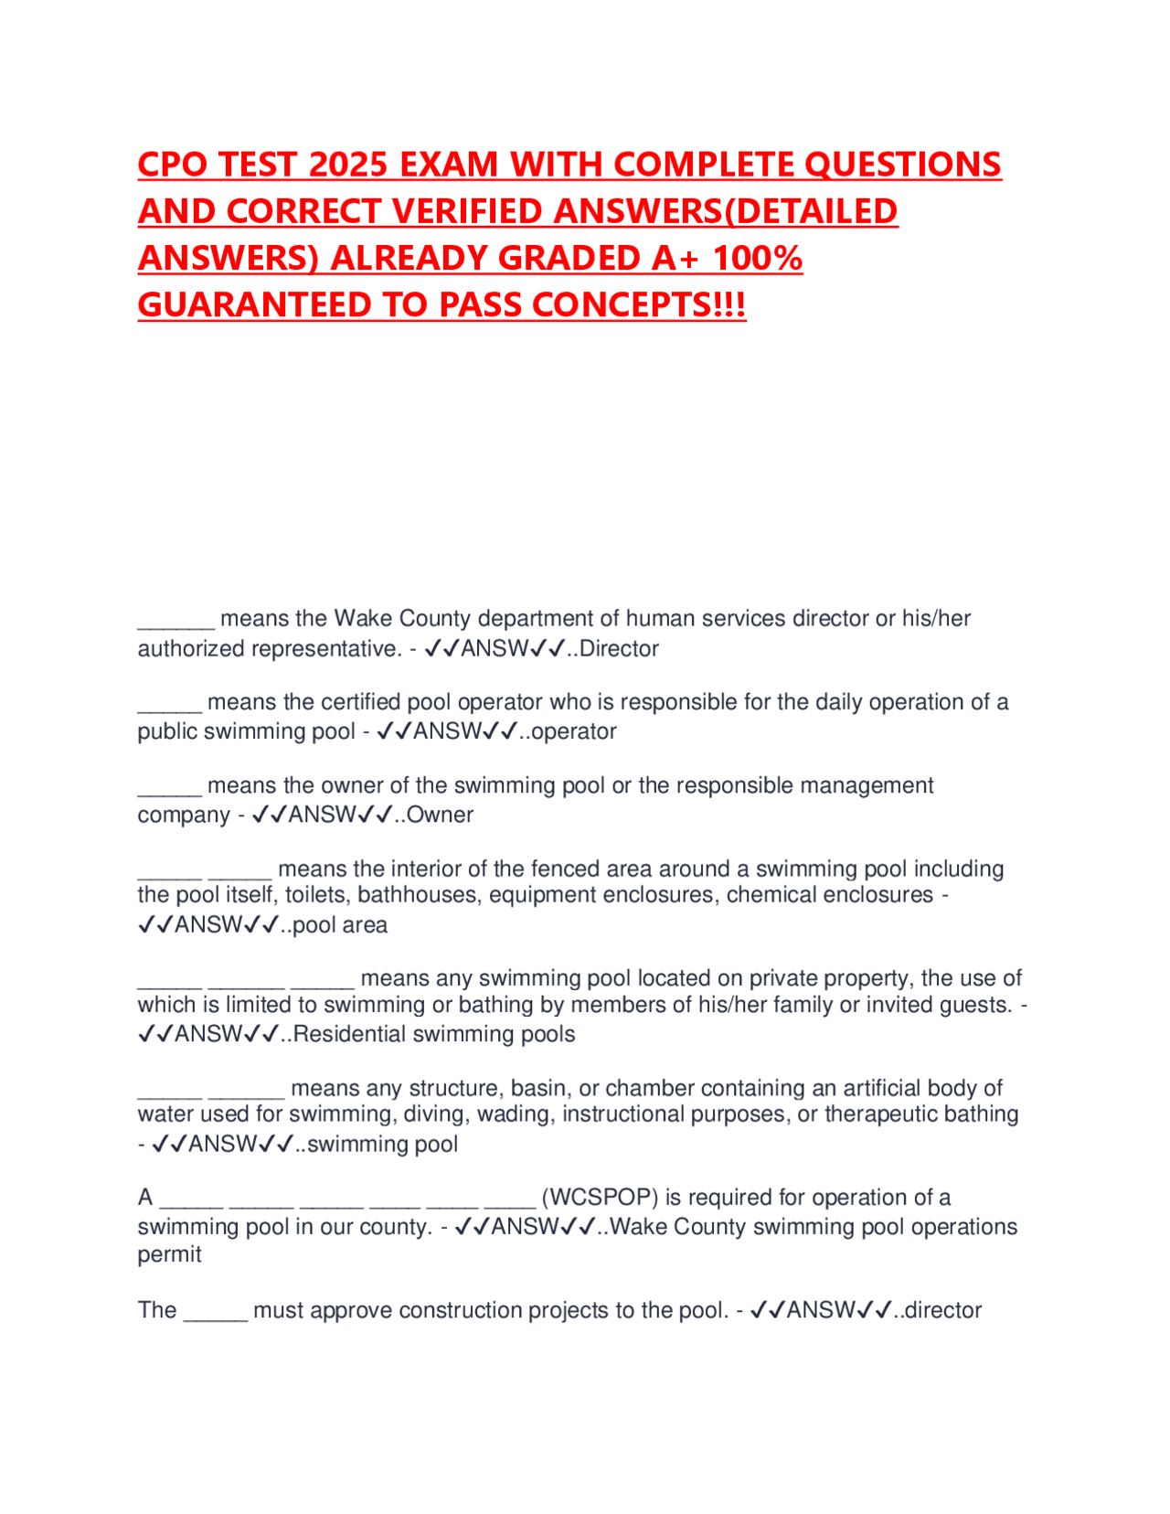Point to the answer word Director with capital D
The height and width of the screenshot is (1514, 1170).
(x=619, y=649)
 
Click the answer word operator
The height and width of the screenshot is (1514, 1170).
(x=573, y=731)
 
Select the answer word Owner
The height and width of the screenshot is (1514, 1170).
(x=440, y=815)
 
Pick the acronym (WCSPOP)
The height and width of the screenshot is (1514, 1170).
(x=600, y=1198)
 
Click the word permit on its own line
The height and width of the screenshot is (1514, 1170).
(x=170, y=1254)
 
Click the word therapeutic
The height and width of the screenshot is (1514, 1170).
(x=878, y=1114)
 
